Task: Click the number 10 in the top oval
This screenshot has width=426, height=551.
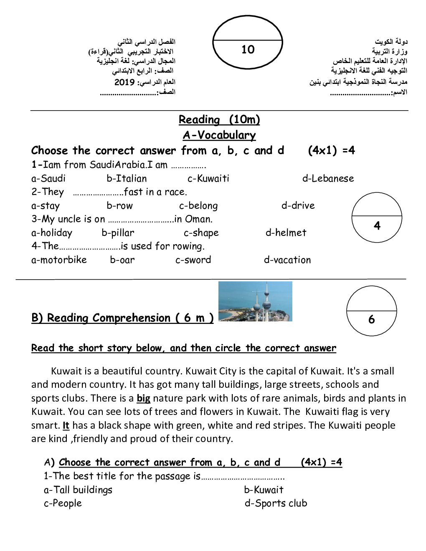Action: pyautogui.click(x=248, y=50)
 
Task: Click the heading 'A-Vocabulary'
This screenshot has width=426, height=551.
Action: pyautogui.click(x=219, y=135)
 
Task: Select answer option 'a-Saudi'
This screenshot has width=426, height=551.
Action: pyautogui.click(x=48, y=179)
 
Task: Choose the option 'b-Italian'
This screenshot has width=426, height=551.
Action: pyautogui.click(x=127, y=179)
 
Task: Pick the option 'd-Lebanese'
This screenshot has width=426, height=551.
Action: pyautogui.click(x=328, y=179)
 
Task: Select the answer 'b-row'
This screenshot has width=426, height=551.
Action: pyautogui.click(x=119, y=206)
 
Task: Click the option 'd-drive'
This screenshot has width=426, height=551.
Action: pyautogui.click(x=298, y=206)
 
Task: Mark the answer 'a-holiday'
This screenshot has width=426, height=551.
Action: pyautogui.click(x=52, y=233)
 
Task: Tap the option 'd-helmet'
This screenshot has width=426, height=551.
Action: pyautogui.click(x=286, y=233)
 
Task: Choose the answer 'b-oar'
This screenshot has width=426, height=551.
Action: pyautogui.click(x=122, y=260)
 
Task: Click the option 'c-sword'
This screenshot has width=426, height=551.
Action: pyautogui.click(x=193, y=260)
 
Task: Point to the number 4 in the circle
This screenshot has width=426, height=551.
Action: pyautogui.click(x=377, y=226)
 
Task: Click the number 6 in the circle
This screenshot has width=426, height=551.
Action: pyautogui.click(x=371, y=320)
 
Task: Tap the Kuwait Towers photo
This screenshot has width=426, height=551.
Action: pyautogui.click(x=255, y=301)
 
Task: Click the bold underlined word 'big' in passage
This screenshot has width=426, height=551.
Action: pyautogui.click(x=143, y=398)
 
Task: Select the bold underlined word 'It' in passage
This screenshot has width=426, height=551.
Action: pyautogui.click(x=66, y=425)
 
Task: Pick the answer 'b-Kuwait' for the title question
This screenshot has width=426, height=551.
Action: pyautogui.click(x=264, y=490)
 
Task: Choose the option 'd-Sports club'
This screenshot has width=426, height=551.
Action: pyautogui.click(x=276, y=503)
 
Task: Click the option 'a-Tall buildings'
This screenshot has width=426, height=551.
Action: pyautogui.click(x=78, y=490)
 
